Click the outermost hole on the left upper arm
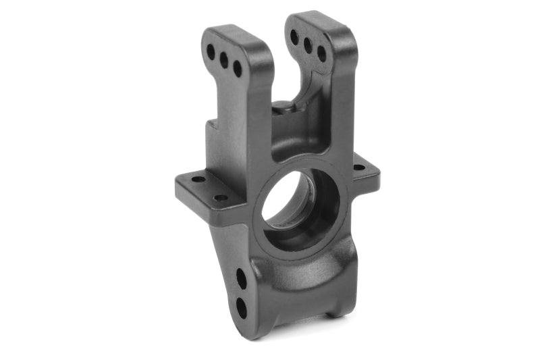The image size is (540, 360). point(211,51)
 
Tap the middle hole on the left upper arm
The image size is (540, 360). point(224,59)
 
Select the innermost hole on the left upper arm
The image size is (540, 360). point(238,68)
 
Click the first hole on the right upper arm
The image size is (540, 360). point(294,36)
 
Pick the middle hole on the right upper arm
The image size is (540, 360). point(308,45)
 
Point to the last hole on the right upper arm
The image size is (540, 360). point(321,54)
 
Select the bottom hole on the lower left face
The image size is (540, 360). point(241,307)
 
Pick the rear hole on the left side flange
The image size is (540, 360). point(198,180)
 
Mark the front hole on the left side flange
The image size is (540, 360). point(220,198)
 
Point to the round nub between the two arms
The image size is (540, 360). point(283,106)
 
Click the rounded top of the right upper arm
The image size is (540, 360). point(317,20)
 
